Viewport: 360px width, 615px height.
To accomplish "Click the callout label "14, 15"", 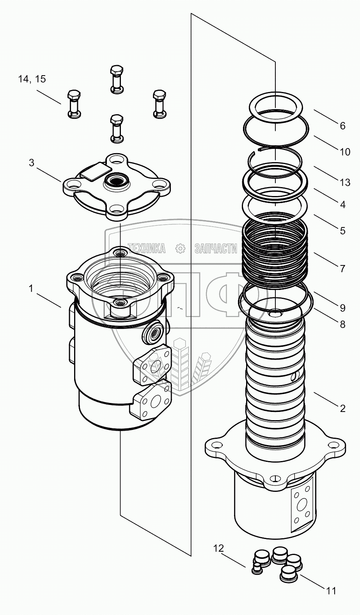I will tap(32, 79).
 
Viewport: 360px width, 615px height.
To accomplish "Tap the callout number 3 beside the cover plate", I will tap(32, 163).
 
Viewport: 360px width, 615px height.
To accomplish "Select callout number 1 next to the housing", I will tap(30, 289).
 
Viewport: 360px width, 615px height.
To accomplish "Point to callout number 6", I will tap(342, 126).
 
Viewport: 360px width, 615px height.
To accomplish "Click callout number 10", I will tap(345, 152).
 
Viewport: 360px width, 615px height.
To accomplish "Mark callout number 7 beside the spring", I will tap(342, 269).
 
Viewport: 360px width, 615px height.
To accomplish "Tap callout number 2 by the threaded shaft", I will tap(342, 408).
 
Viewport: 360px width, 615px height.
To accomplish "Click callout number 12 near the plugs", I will tap(218, 549).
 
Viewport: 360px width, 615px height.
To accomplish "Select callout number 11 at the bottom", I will tap(331, 591).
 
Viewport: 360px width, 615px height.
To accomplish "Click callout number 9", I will tap(342, 308).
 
